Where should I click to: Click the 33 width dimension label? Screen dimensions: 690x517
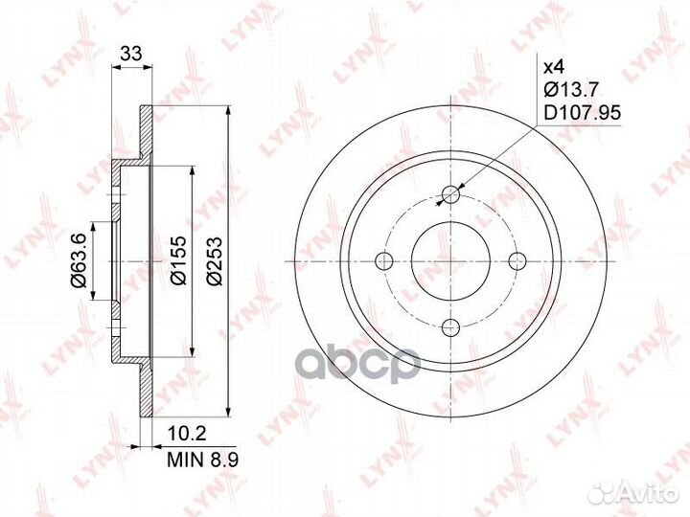[131, 54]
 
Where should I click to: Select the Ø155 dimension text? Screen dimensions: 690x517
[179, 260]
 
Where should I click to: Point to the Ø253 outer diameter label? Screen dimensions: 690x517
[216, 261]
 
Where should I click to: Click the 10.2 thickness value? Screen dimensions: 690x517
[187, 435]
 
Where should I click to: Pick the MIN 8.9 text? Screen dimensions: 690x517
[203, 460]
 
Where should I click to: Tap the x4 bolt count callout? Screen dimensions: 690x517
[554, 67]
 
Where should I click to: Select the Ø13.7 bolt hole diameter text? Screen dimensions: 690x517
[571, 90]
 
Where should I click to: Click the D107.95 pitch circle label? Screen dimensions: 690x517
[583, 113]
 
